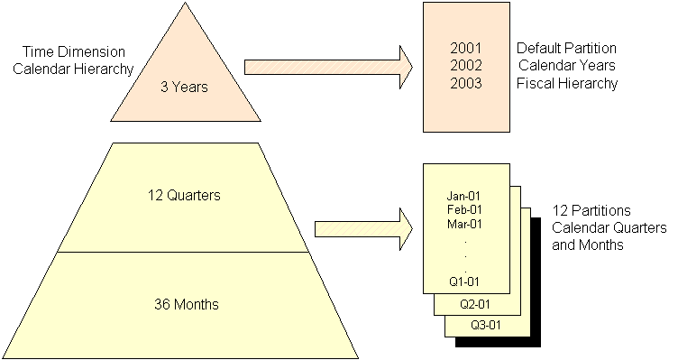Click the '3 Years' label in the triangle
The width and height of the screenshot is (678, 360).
coord(184,88)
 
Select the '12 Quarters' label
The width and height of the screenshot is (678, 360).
coord(183,194)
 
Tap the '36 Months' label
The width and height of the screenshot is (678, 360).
coord(183,301)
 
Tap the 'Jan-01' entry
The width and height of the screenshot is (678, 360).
coord(465,195)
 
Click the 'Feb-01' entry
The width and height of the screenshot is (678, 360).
coord(465,209)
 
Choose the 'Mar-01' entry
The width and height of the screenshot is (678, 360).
coord(465,224)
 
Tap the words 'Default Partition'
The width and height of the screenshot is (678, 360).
coord(565,46)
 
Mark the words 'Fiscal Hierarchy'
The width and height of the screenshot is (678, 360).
coord(567,84)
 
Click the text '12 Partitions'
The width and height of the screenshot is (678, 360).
coord(588,209)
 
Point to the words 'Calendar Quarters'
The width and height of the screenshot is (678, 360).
coord(600,226)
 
